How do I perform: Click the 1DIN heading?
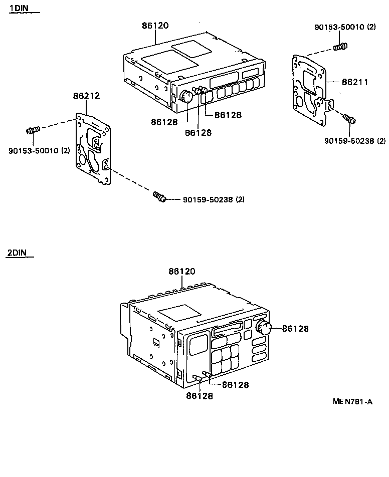click(x=19, y=9)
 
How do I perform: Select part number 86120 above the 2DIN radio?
click(x=182, y=272)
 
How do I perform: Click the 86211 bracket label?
click(x=355, y=82)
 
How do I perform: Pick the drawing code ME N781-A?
click(x=352, y=401)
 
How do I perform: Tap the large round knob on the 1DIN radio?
click(x=186, y=96)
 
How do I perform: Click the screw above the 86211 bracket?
click(x=340, y=48)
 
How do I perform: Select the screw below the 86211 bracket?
click(x=349, y=119)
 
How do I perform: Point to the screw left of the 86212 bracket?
click(x=33, y=130)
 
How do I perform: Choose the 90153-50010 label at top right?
click(x=345, y=27)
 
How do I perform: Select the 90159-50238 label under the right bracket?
click(x=355, y=141)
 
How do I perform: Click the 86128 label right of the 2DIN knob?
click(x=295, y=329)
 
